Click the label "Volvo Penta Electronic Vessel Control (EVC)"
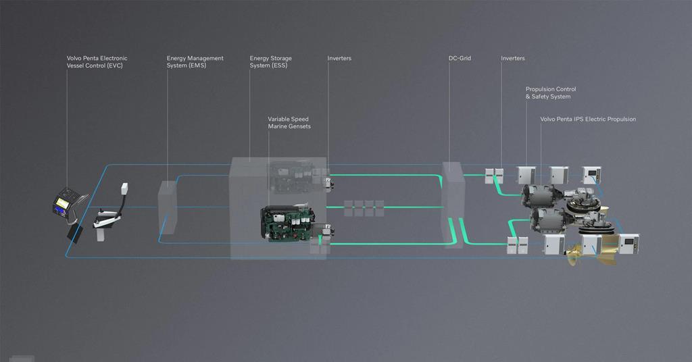[97, 62]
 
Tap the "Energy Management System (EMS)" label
[195, 62]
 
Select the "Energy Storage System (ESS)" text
[270, 62]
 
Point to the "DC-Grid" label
[460, 59]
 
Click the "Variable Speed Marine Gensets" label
[289, 123]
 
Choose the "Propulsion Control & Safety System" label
[551, 93]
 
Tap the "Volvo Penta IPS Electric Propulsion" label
[588, 120]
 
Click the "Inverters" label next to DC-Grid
[512, 59]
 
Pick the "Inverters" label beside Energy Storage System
[339, 59]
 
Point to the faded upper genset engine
[291, 177]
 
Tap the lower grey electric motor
[549, 219]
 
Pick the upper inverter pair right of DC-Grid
[494, 176]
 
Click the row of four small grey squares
[364, 208]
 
